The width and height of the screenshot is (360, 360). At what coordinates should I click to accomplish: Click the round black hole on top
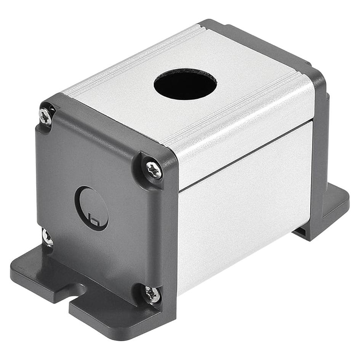coord(185,84)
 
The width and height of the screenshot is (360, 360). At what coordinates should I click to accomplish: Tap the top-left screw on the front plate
coord(45,117)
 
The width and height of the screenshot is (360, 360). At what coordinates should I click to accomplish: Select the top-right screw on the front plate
coord(154,170)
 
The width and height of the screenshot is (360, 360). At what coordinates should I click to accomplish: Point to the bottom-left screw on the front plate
coord(47,237)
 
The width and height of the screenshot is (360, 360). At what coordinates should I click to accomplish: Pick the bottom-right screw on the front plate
coord(152,294)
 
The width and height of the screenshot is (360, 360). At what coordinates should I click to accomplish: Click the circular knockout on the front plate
coord(91,208)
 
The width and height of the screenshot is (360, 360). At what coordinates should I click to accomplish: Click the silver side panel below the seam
coord(244,213)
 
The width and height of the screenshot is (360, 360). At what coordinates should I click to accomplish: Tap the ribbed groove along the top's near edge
coord(236,110)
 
